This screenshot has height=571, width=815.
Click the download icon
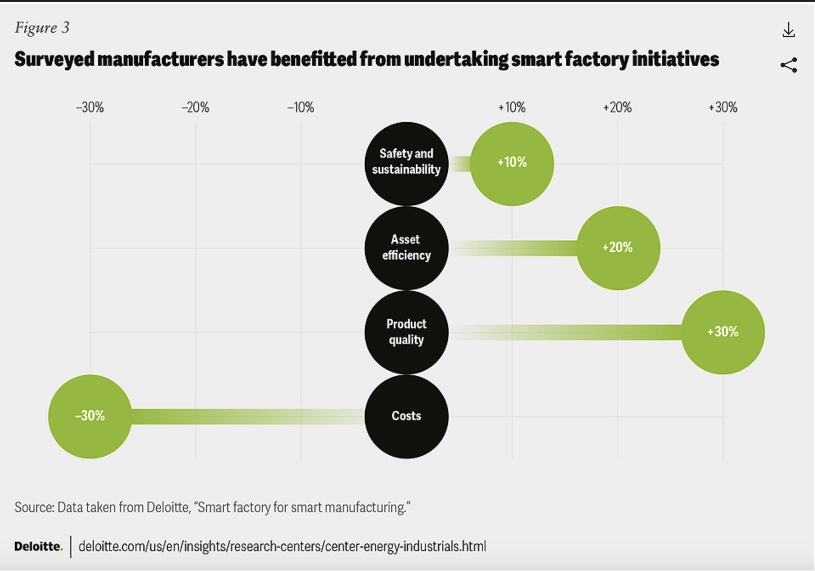788,30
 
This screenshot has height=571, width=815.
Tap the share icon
788,65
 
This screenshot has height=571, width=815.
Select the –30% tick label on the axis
90,107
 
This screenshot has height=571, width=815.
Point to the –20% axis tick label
195,107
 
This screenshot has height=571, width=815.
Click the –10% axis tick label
301,107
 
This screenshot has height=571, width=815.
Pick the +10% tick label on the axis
512,107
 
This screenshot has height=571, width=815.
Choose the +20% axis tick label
617,107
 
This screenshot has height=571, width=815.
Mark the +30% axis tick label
722,107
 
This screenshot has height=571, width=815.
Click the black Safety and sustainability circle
406,164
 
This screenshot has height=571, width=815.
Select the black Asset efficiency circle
406,248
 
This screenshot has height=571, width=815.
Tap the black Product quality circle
406,332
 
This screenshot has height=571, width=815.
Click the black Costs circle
406,416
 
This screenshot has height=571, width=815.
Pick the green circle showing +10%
512,164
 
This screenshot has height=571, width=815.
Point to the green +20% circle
618,248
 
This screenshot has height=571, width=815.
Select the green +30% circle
723,332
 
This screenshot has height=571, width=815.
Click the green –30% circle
90,416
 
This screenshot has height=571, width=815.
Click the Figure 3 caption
42,28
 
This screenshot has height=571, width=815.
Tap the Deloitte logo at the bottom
38,546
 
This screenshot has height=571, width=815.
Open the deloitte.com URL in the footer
282,546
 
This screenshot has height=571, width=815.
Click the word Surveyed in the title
54,59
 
